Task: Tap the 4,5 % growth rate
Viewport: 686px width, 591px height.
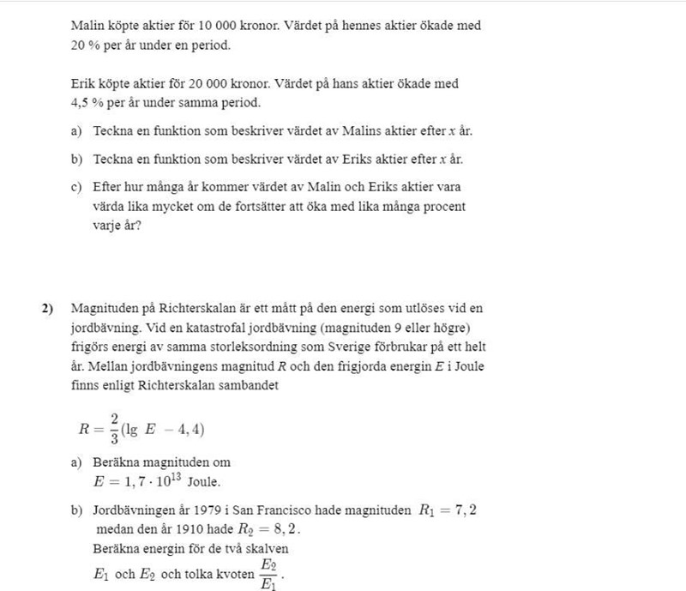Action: (87, 103)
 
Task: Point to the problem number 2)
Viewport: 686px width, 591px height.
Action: (47, 308)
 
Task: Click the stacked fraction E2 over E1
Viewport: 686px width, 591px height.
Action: (269, 573)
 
